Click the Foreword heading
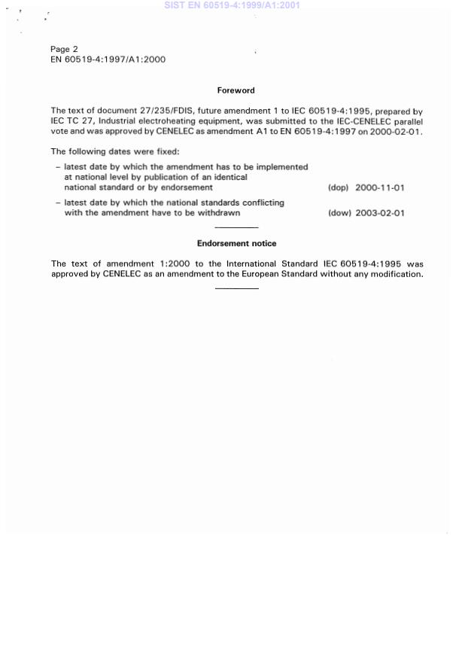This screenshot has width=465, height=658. tap(236, 90)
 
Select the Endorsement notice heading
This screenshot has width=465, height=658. tap(236, 243)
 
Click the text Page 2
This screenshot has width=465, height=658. tap(64, 50)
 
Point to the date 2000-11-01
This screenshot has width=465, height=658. tap(380, 187)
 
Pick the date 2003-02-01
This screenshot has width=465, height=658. tap(380, 213)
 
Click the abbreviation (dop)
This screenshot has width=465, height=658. tap(339, 187)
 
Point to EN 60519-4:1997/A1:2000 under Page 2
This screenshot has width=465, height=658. tap(108, 59)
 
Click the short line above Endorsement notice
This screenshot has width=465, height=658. tap(236, 227)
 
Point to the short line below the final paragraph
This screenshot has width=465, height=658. tap(236, 288)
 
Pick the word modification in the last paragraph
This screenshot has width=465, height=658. tap(396, 274)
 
